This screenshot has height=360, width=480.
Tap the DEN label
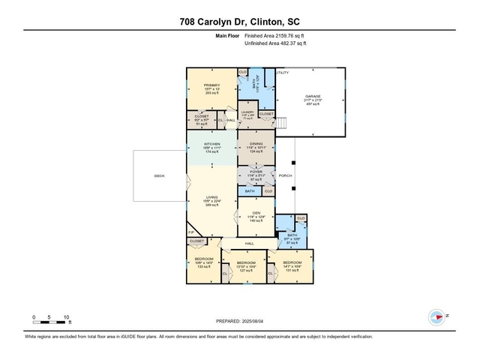[256, 213]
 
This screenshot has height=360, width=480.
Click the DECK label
[159, 176]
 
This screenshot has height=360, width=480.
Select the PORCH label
[285, 175]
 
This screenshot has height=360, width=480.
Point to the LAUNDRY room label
[248, 112]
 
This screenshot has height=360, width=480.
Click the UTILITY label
[282, 73]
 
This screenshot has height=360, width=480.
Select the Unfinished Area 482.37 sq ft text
[276, 43]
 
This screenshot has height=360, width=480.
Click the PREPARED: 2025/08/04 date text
[240, 320]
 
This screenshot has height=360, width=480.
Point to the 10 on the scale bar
[67, 317]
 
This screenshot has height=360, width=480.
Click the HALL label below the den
[250, 244]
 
